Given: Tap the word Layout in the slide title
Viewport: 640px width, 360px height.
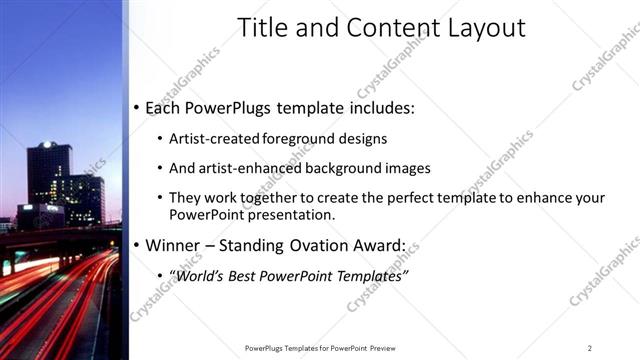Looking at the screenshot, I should click(x=483, y=27).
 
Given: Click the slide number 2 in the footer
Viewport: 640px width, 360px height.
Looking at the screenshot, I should click(x=589, y=347).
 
